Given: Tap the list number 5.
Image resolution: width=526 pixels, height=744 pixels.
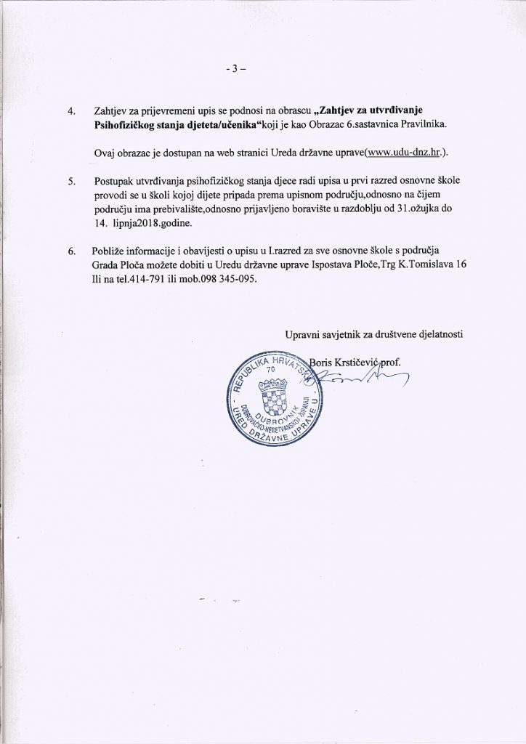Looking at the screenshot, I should click(71, 180).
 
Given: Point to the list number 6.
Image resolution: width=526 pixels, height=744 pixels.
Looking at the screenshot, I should click(71, 251).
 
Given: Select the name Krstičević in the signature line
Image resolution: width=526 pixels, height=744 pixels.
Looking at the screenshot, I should click(366, 361).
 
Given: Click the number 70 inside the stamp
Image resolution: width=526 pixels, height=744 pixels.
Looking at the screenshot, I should click(272, 368).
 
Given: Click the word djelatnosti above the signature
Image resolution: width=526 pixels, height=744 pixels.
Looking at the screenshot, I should click(438, 335).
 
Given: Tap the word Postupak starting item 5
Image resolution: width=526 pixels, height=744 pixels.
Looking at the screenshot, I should click(116, 180).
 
